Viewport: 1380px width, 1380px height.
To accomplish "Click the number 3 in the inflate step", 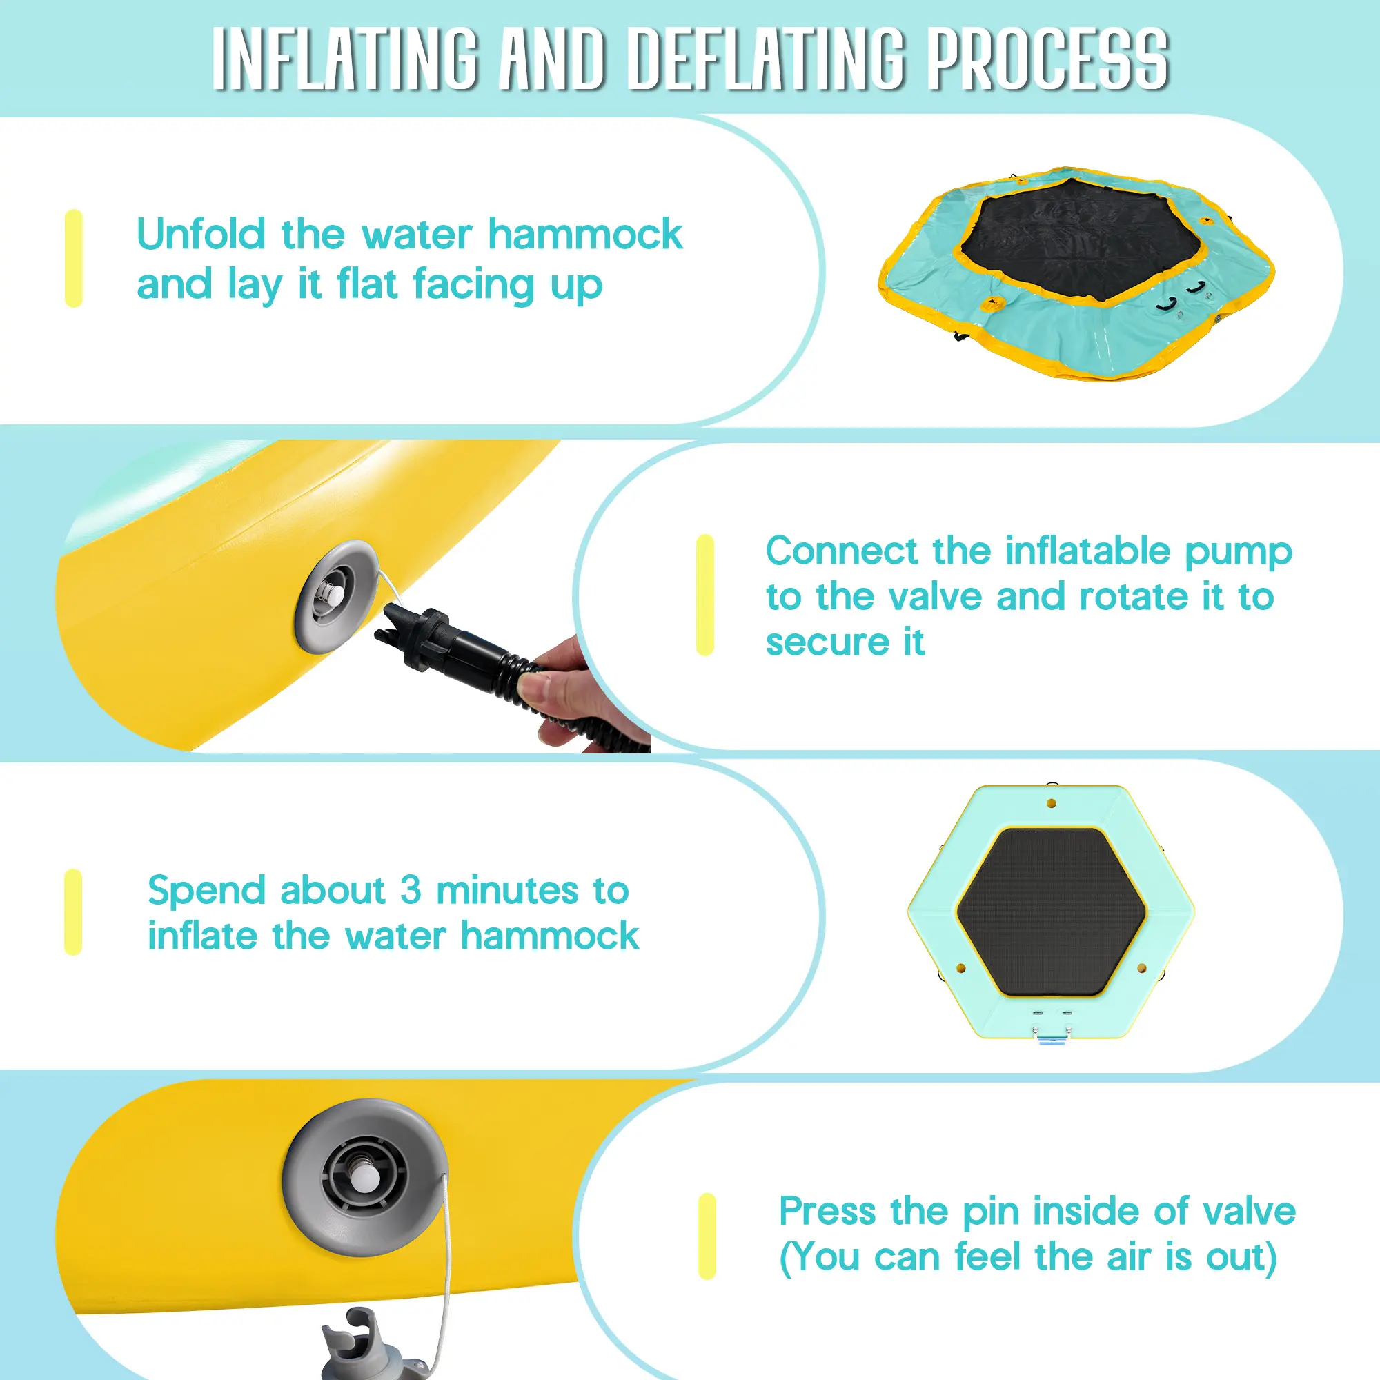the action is pyautogui.click(x=410, y=889).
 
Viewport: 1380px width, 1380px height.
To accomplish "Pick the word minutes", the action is pyautogui.click(x=507, y=890).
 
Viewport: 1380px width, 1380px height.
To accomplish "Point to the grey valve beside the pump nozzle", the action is pyautogui.click(x=337, y=596).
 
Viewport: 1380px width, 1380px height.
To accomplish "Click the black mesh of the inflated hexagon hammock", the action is pyautogui.click(x=1052, y=912).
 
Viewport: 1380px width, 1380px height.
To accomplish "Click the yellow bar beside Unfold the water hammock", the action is pyautogui.click(x=74, y=259).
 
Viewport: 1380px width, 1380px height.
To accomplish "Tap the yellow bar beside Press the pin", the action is pyautogui.click(x=707, y=1236).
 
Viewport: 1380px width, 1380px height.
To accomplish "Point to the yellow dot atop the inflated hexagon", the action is pyautogui.click(x=1052, y=804).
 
